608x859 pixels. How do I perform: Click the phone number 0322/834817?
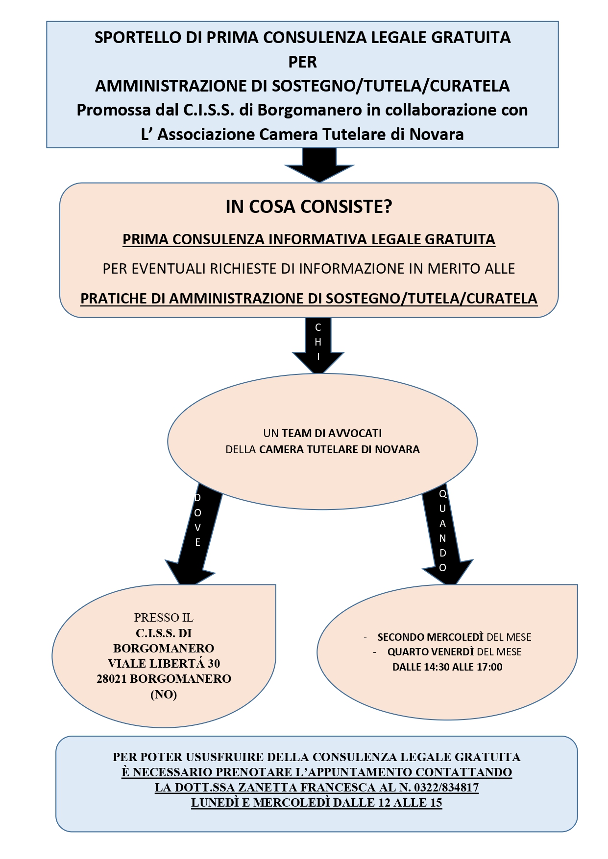coord(446,788)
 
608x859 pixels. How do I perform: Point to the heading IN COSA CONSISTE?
coord(309,207)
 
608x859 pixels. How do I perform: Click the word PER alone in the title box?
coord(302,62)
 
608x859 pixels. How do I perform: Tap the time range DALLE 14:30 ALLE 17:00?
coord(447,667)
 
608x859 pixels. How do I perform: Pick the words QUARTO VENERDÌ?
coord(431,652)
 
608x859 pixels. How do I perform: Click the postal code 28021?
coord(112,679)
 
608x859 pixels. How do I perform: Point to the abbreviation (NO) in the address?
coord(164,694)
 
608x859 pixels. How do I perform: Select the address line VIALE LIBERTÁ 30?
coord(164,664)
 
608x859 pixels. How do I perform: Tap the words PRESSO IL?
coord(164,618)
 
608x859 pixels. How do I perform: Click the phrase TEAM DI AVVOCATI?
coord(332,433)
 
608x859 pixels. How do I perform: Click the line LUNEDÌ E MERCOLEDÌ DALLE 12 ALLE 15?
coord(316,803)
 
